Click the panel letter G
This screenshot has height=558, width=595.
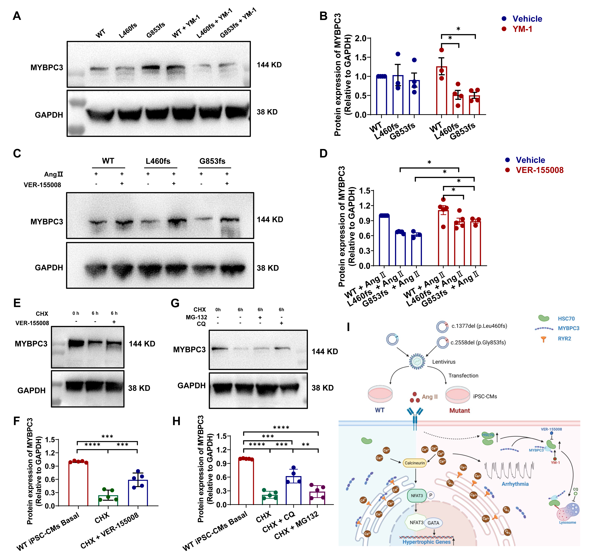[x=175, y=303]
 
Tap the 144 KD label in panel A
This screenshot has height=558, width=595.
[x=269, y=65]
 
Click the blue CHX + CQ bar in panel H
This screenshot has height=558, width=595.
[x=293, y=491]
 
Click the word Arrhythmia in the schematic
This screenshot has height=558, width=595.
[x=515, y=484]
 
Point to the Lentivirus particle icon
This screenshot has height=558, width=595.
[x=417, y=361]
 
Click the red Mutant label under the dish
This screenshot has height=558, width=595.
[x=459, y=410]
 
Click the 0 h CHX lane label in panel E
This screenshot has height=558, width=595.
[x=76, y=313]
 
